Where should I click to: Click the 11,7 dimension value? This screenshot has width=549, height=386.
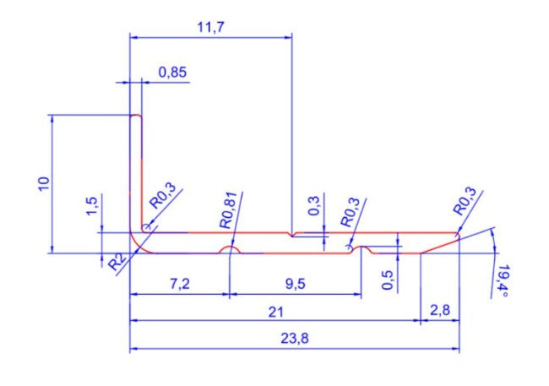(x=210, y=27)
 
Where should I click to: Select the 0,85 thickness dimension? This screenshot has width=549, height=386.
(x=172, y=73)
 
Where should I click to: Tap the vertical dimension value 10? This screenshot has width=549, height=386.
(x=44, y=183)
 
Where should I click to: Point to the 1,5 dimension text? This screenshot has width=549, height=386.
(x=92, y=206)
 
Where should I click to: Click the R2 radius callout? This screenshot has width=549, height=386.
(x=117, y=262)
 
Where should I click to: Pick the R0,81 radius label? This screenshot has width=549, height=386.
(x=229, y=210)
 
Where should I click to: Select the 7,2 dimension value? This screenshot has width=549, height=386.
(x=180, y=284)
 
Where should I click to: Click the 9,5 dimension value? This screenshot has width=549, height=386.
(x=295, y=284)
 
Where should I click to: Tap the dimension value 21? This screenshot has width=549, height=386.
(x=275, y=312)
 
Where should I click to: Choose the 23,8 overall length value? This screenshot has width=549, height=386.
(x=295, y=339)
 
